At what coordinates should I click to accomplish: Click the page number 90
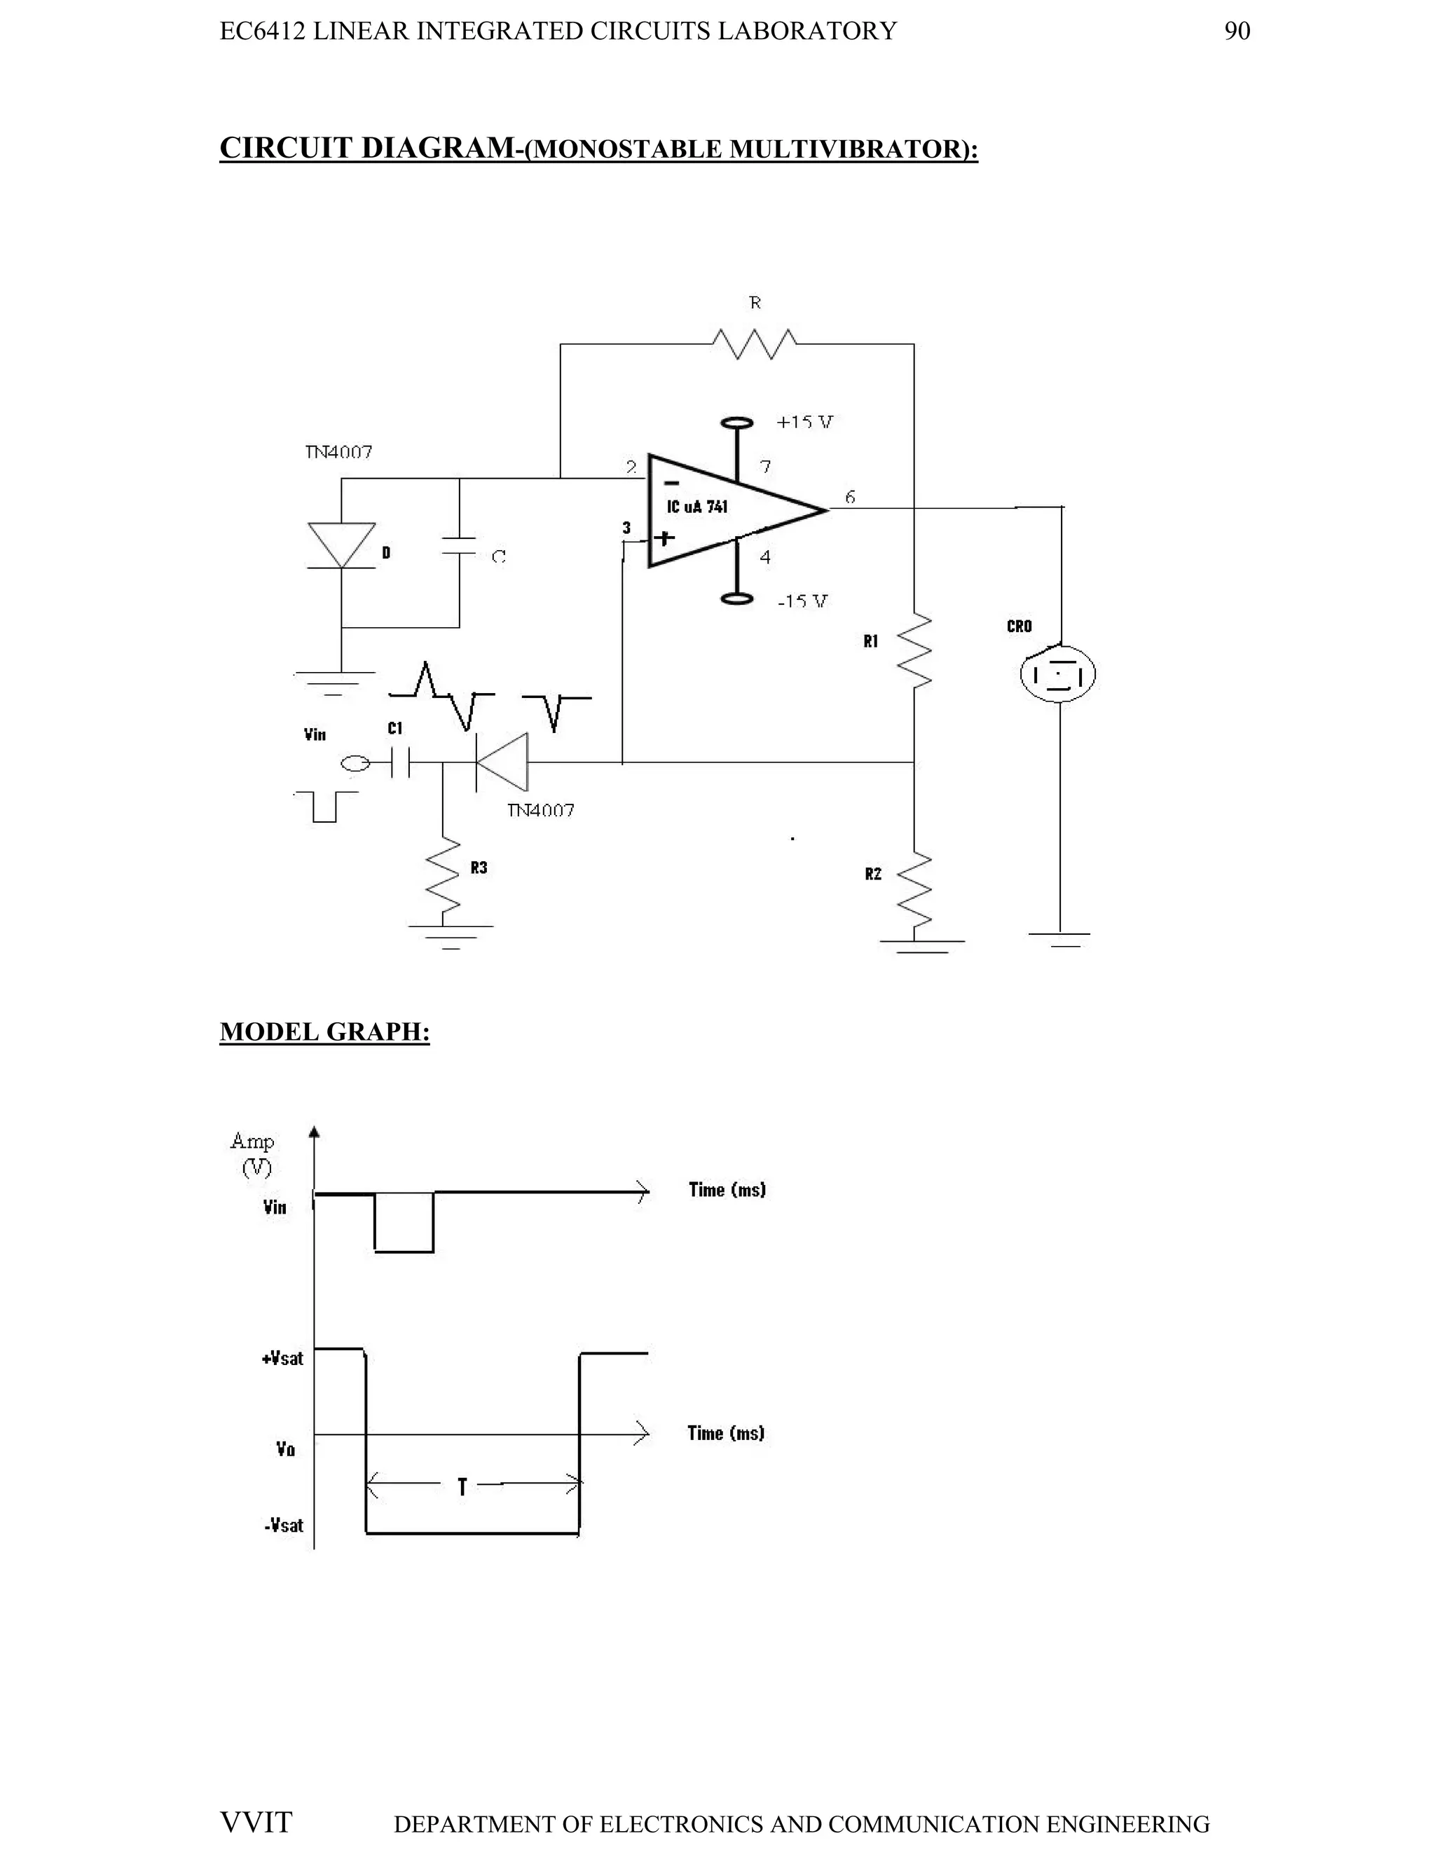pyautogui.click(x=1236, y=32)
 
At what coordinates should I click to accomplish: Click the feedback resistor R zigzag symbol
pyautogui.click(x=753, y=343)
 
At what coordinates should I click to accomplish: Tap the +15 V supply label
pyautogui.click(x=804, y=422)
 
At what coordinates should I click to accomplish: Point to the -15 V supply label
pyautogui.click(x=802, y=601)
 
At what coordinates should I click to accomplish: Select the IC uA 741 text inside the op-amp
pyautogui.click(x=696, y=507)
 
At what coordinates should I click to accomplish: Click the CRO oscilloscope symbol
pyautogui.click(x=1057, y=674)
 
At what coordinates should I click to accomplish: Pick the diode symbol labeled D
pyautogui.click(x=342, y=545)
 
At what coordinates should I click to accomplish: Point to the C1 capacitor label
pyautogui.click(x=394, y=729)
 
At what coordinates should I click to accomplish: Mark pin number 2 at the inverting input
pyautogui.click(x=631, y=467)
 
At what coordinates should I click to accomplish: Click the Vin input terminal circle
pyautogui.click(x=355, y=765)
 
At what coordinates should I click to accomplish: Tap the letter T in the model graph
pyautogui.click(x=462, y=1487)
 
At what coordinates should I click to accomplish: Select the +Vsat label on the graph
pyautogui.click(x=282, y=1359)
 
